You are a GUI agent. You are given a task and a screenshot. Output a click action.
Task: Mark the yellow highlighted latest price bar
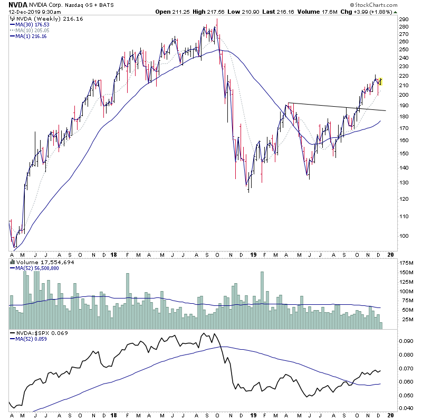pos(380,81)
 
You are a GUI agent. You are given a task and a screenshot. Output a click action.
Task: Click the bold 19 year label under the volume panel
pos(252,255)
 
